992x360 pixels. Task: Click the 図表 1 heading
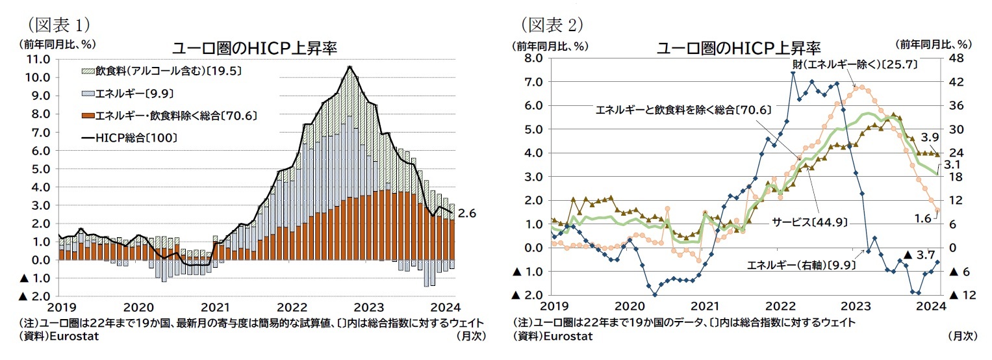[x=58, y=25]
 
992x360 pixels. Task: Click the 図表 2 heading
[x=552, y=25]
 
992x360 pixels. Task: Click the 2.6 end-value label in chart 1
[x=466, y=212]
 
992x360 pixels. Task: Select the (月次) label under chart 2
[x=961, y=335]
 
